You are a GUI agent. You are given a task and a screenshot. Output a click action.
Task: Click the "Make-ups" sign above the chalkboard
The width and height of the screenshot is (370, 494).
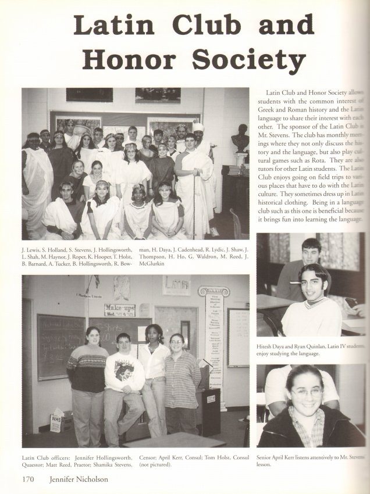click(120, 309)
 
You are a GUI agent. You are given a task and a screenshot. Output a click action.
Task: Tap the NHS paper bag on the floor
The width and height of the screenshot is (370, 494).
click(57, 422)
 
